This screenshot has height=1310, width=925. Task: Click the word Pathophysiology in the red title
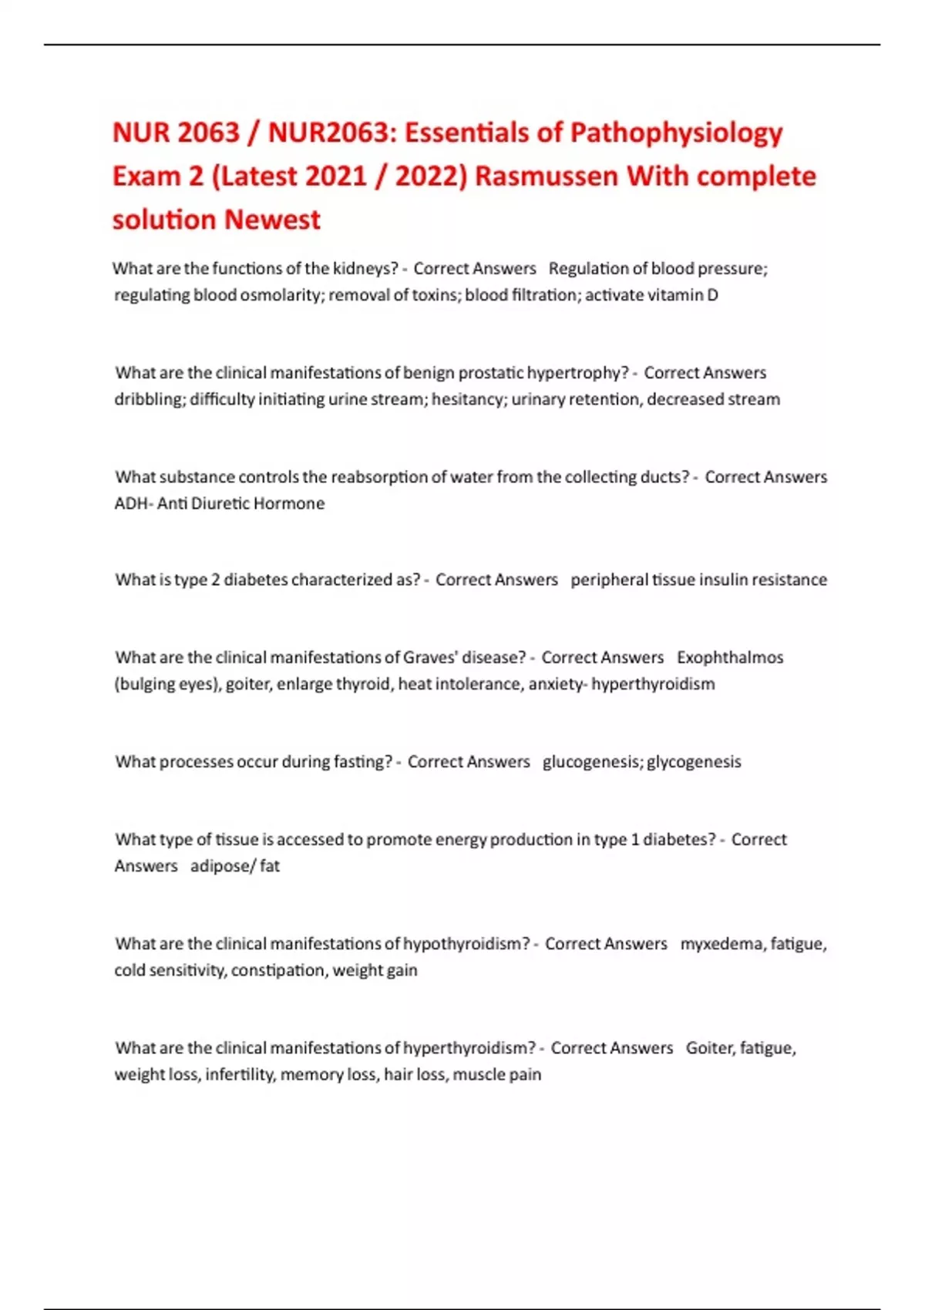tap(676, 133)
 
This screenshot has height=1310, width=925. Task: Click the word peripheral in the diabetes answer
tap(609, 579)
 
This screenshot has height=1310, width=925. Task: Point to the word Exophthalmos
tap(730, 657)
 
